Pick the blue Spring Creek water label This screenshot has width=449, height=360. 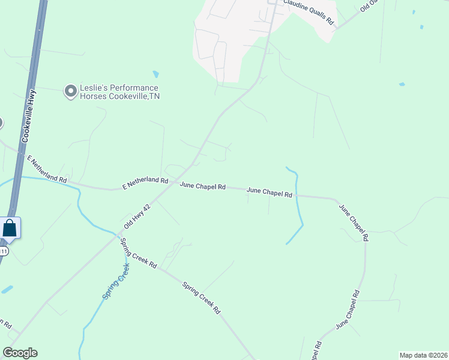[116, 280]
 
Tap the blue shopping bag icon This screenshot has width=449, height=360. [10, 228]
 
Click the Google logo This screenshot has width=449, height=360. [20, 353]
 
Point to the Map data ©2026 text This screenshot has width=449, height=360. [423, 355]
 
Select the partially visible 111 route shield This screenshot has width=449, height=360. [4, 251]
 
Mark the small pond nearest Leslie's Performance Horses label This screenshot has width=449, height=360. [156, 74]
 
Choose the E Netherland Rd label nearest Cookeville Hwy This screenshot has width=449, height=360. [47, 169]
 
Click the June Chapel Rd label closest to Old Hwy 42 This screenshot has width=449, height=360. [202, 187]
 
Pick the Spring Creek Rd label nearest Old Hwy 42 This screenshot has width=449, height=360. [139, 254]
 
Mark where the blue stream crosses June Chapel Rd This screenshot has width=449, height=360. [297, 195]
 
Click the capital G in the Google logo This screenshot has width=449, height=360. [8, 353]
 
